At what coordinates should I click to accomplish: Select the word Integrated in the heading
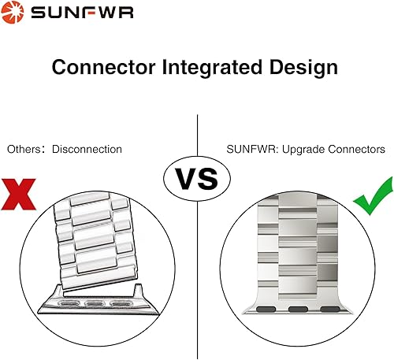point(207,68)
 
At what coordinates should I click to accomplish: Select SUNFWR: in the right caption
point(246,148)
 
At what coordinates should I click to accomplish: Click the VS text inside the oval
point(195,178)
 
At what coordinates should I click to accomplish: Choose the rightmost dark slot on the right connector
point(329,308)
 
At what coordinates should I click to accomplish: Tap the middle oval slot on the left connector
point(95,302)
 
